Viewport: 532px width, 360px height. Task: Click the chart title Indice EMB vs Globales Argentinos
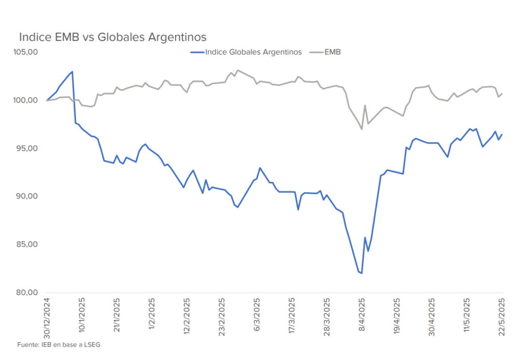coord(113,37)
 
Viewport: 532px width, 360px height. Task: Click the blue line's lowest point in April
coord(362,273)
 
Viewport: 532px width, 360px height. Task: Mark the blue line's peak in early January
coord(72,72)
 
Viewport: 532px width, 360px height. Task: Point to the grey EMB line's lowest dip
coord(362,129)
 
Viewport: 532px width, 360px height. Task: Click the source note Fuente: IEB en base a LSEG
coord(58,344)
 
